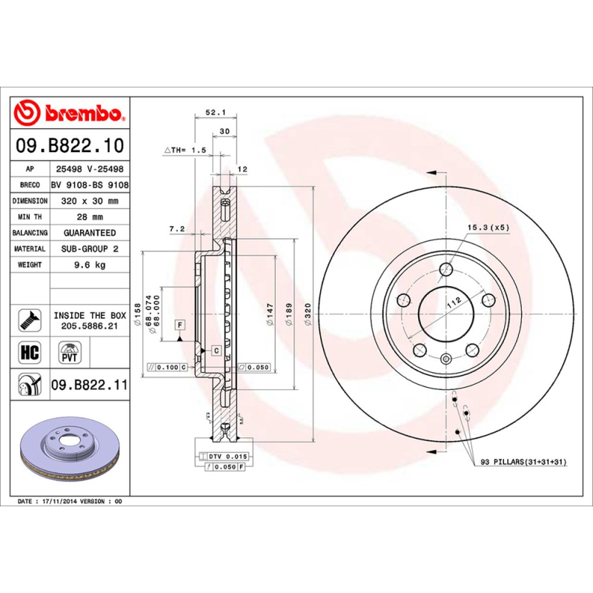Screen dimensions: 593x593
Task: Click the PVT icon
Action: pos(70,351)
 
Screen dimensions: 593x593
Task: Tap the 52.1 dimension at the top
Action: pos(214,113)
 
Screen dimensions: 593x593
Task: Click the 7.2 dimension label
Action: pos(176,229)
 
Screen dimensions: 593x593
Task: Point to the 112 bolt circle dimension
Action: pos(454,300)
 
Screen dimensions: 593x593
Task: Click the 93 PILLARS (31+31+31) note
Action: pos(523,462)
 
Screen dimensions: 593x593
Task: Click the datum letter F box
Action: pos(179,325)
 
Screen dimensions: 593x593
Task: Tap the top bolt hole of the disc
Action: pos(445,271)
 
